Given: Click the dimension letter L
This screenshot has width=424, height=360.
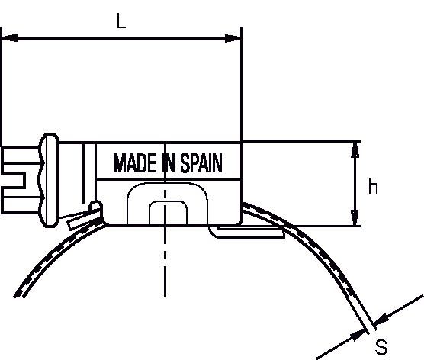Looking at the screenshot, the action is click(x=120, y=21).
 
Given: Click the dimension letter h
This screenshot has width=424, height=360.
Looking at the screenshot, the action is click(x=373, y=187).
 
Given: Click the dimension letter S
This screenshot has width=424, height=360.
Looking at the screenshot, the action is click(x=381, y=347).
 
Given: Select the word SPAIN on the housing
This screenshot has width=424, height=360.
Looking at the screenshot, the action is click(x=201, y=162).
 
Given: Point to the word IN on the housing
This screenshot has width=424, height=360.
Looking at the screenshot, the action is click(x=169, y=162).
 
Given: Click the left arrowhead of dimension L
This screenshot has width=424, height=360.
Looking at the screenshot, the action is click(x=9, y=38).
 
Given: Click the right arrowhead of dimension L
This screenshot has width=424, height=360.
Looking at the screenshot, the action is click(x=233, y=38).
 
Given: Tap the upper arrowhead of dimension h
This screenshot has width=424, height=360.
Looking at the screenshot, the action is click(x=355, y=149).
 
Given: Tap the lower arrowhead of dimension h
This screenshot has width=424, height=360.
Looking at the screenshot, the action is click(x=355, y=217).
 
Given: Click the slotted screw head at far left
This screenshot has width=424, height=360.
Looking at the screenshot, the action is click(x=21, y=180).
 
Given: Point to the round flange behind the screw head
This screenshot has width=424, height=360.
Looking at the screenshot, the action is click(x=50, y=180).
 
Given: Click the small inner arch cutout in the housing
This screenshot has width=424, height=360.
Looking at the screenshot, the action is click(x=169, y=213).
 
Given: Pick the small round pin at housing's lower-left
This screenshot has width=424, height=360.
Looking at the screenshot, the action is click(x=96, y=207).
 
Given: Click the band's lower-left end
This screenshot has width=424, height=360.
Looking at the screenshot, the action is click(x=19, y=295).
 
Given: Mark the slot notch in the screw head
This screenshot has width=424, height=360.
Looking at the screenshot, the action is click(x=14, y=180).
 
